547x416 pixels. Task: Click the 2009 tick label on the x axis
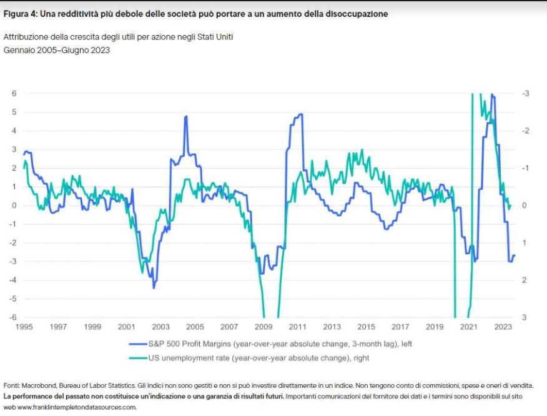(x=264, y=327)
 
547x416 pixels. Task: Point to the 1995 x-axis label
(x=24, y=327)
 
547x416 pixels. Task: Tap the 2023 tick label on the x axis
(x=503, y=327)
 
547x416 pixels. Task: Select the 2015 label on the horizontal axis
(x=366, y=327)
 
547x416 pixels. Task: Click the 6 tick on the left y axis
(x=14, y=93)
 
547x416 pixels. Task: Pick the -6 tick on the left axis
(x=12, y=317)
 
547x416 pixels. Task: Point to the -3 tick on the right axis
(x=525, y=93)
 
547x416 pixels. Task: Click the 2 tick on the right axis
(x=524, y=280)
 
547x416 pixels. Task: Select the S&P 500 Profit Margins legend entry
(x=270, y=344)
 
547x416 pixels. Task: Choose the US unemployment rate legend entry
(x=249, y=358)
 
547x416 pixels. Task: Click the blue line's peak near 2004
(x=186, y=116)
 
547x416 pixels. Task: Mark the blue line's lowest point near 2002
(x=154, y=287)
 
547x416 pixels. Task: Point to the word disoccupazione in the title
(x=357, y=14)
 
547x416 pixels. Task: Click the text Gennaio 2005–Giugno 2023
(x=57, y=50)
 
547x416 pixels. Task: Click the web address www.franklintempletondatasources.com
(x=77, y=407)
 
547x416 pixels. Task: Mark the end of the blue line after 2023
(x=515, y=255)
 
